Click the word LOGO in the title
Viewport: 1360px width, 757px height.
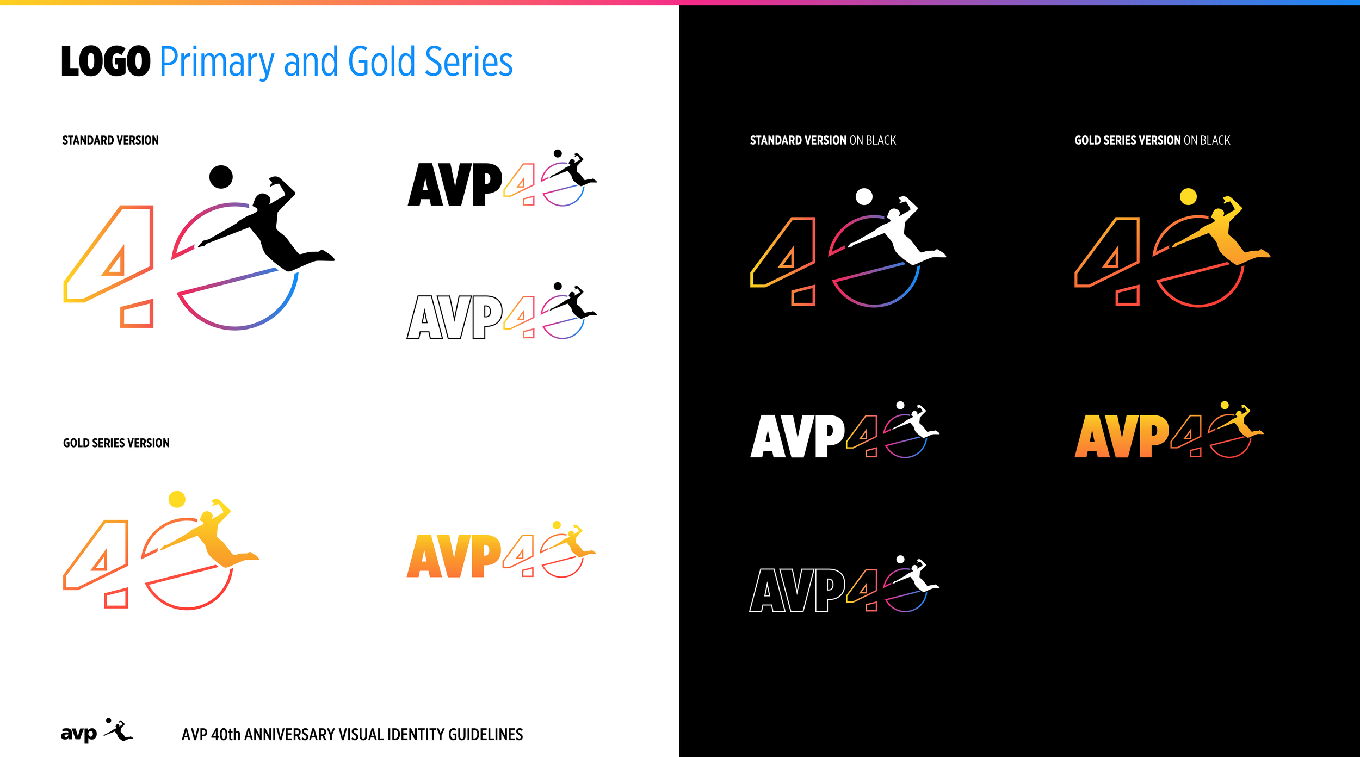(106, 61)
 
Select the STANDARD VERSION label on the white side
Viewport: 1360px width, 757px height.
(110, 140)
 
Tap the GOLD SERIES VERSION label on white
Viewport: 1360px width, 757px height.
(116, 443)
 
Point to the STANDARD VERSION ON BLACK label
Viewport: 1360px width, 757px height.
(823, 140)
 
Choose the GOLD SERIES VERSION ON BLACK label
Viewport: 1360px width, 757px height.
(1152, 140)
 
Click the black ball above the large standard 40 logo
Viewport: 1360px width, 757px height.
(221, 177)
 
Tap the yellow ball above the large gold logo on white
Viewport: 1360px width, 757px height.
(177, 499)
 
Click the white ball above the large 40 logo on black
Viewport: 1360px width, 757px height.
(864, 196)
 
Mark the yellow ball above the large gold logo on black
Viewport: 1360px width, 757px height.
(1188, 196)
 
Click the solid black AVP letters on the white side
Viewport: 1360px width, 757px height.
(455, 184)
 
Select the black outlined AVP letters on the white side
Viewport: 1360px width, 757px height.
(455, 317)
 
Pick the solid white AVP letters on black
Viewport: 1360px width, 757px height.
(798, 436)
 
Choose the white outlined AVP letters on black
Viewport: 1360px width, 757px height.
(798, 590)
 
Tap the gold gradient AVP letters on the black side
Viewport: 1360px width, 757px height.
(1122, 436)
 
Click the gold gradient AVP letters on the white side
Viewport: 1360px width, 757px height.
(454, 556)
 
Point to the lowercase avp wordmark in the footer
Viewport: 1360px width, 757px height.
(79, 734)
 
